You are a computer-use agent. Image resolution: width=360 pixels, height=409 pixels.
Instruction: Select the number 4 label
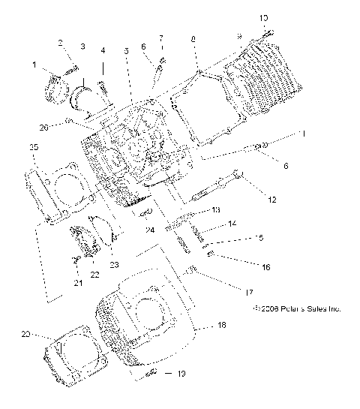coord(103,50)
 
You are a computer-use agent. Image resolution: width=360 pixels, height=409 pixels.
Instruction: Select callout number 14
coord(232,224)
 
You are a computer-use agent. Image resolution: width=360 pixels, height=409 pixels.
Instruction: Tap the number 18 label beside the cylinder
coord(221,325)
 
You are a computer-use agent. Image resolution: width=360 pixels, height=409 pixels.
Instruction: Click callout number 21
coord(77,282)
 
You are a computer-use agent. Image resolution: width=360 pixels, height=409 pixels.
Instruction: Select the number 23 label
coord(114,263)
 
